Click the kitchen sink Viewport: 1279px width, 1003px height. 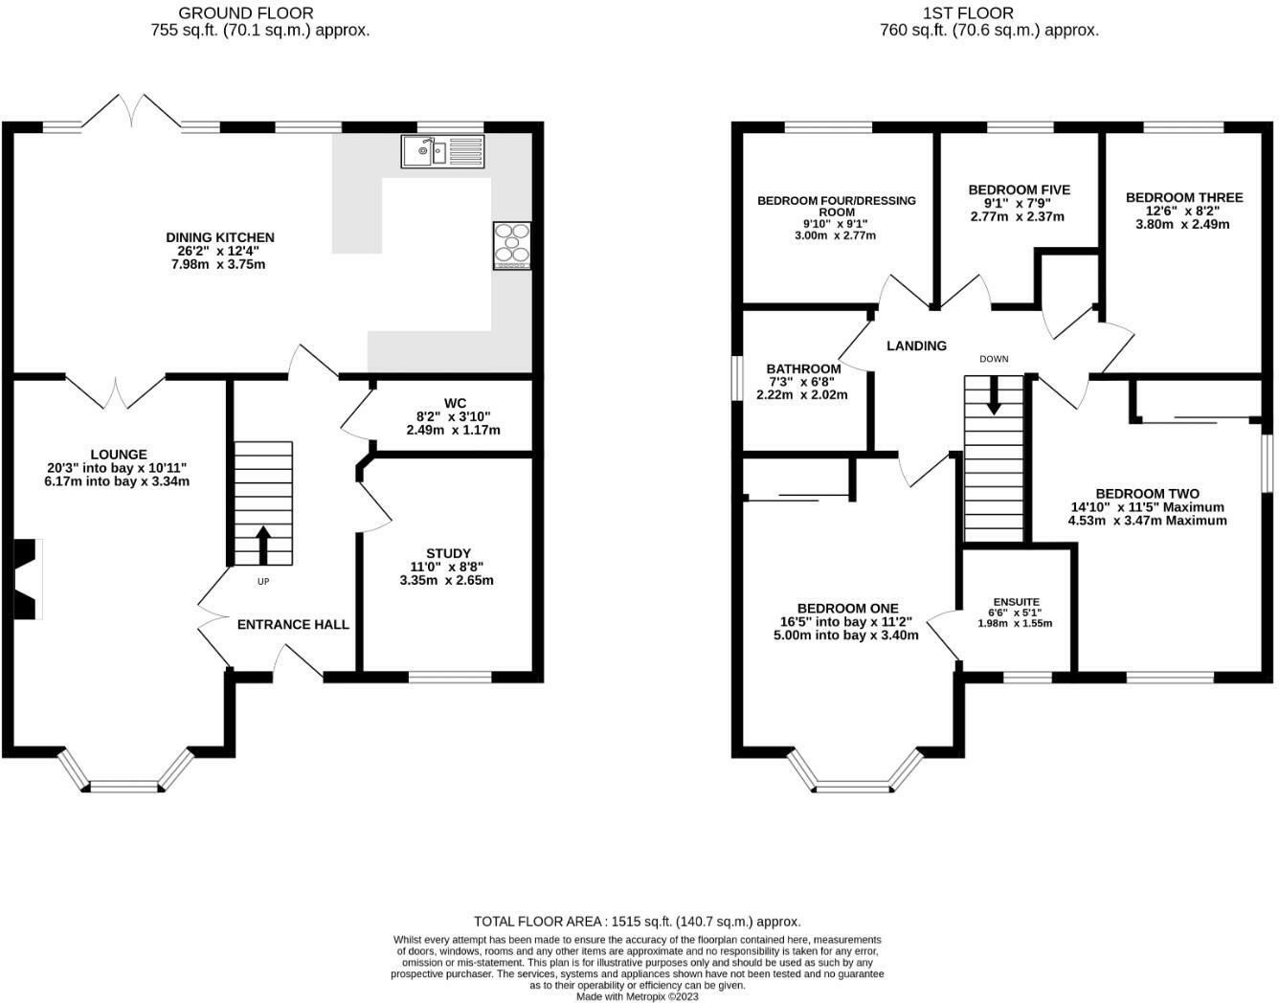[442, 151]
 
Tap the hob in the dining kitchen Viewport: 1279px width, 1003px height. [511, 245]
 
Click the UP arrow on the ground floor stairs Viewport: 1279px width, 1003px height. [263, 545]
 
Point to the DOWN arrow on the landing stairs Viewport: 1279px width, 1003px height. [994, 394]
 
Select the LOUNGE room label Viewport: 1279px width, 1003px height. [119, 455]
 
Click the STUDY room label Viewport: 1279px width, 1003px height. [448, 553]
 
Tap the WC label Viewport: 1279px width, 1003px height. [455, 403]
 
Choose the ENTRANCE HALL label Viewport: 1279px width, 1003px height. [293, 624]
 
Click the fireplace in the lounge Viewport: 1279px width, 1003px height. [28, 579]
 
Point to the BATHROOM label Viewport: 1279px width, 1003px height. [803, 368]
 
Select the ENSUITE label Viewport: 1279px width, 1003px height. [1017, 602]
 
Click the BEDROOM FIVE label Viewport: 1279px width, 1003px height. [1020, 189]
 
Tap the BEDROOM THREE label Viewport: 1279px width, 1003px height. [1184, 197]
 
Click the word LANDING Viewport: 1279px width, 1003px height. [916, 345]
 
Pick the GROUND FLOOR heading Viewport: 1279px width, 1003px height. [245, 13]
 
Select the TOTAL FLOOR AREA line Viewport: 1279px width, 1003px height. [638, 922]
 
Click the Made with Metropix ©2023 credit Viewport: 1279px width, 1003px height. [638, 996]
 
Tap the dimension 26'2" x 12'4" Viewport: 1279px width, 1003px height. [218, 251]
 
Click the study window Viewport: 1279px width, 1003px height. [450, 677]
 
